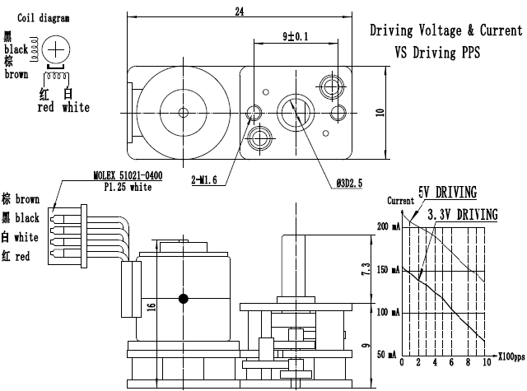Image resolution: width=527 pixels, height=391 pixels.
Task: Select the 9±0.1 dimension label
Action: [x=294, y=36]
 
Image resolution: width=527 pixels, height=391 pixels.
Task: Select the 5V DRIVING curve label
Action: [x=447, y=193]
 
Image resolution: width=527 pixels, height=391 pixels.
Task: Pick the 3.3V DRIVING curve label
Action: [x=462, y=215]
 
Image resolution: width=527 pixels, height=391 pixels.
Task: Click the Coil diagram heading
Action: [x=44, y=17]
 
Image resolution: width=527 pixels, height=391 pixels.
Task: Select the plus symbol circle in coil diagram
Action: [x=56, y=49]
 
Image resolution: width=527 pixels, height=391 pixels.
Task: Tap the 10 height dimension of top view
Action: [x=380, y=113]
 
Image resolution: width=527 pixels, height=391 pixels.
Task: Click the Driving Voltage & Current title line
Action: [x=445, y=31]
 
